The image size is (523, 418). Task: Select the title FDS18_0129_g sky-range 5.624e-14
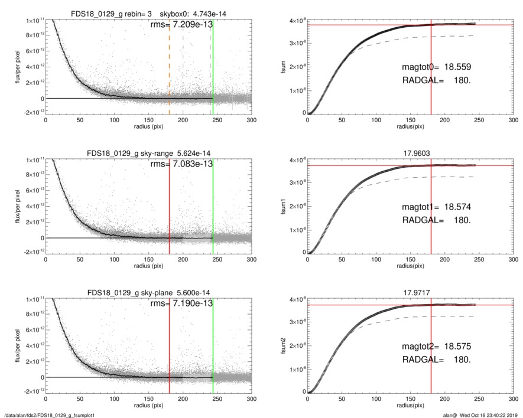click(x=148, y=154)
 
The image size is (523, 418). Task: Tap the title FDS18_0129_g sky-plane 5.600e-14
click(x=148, y=293)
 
